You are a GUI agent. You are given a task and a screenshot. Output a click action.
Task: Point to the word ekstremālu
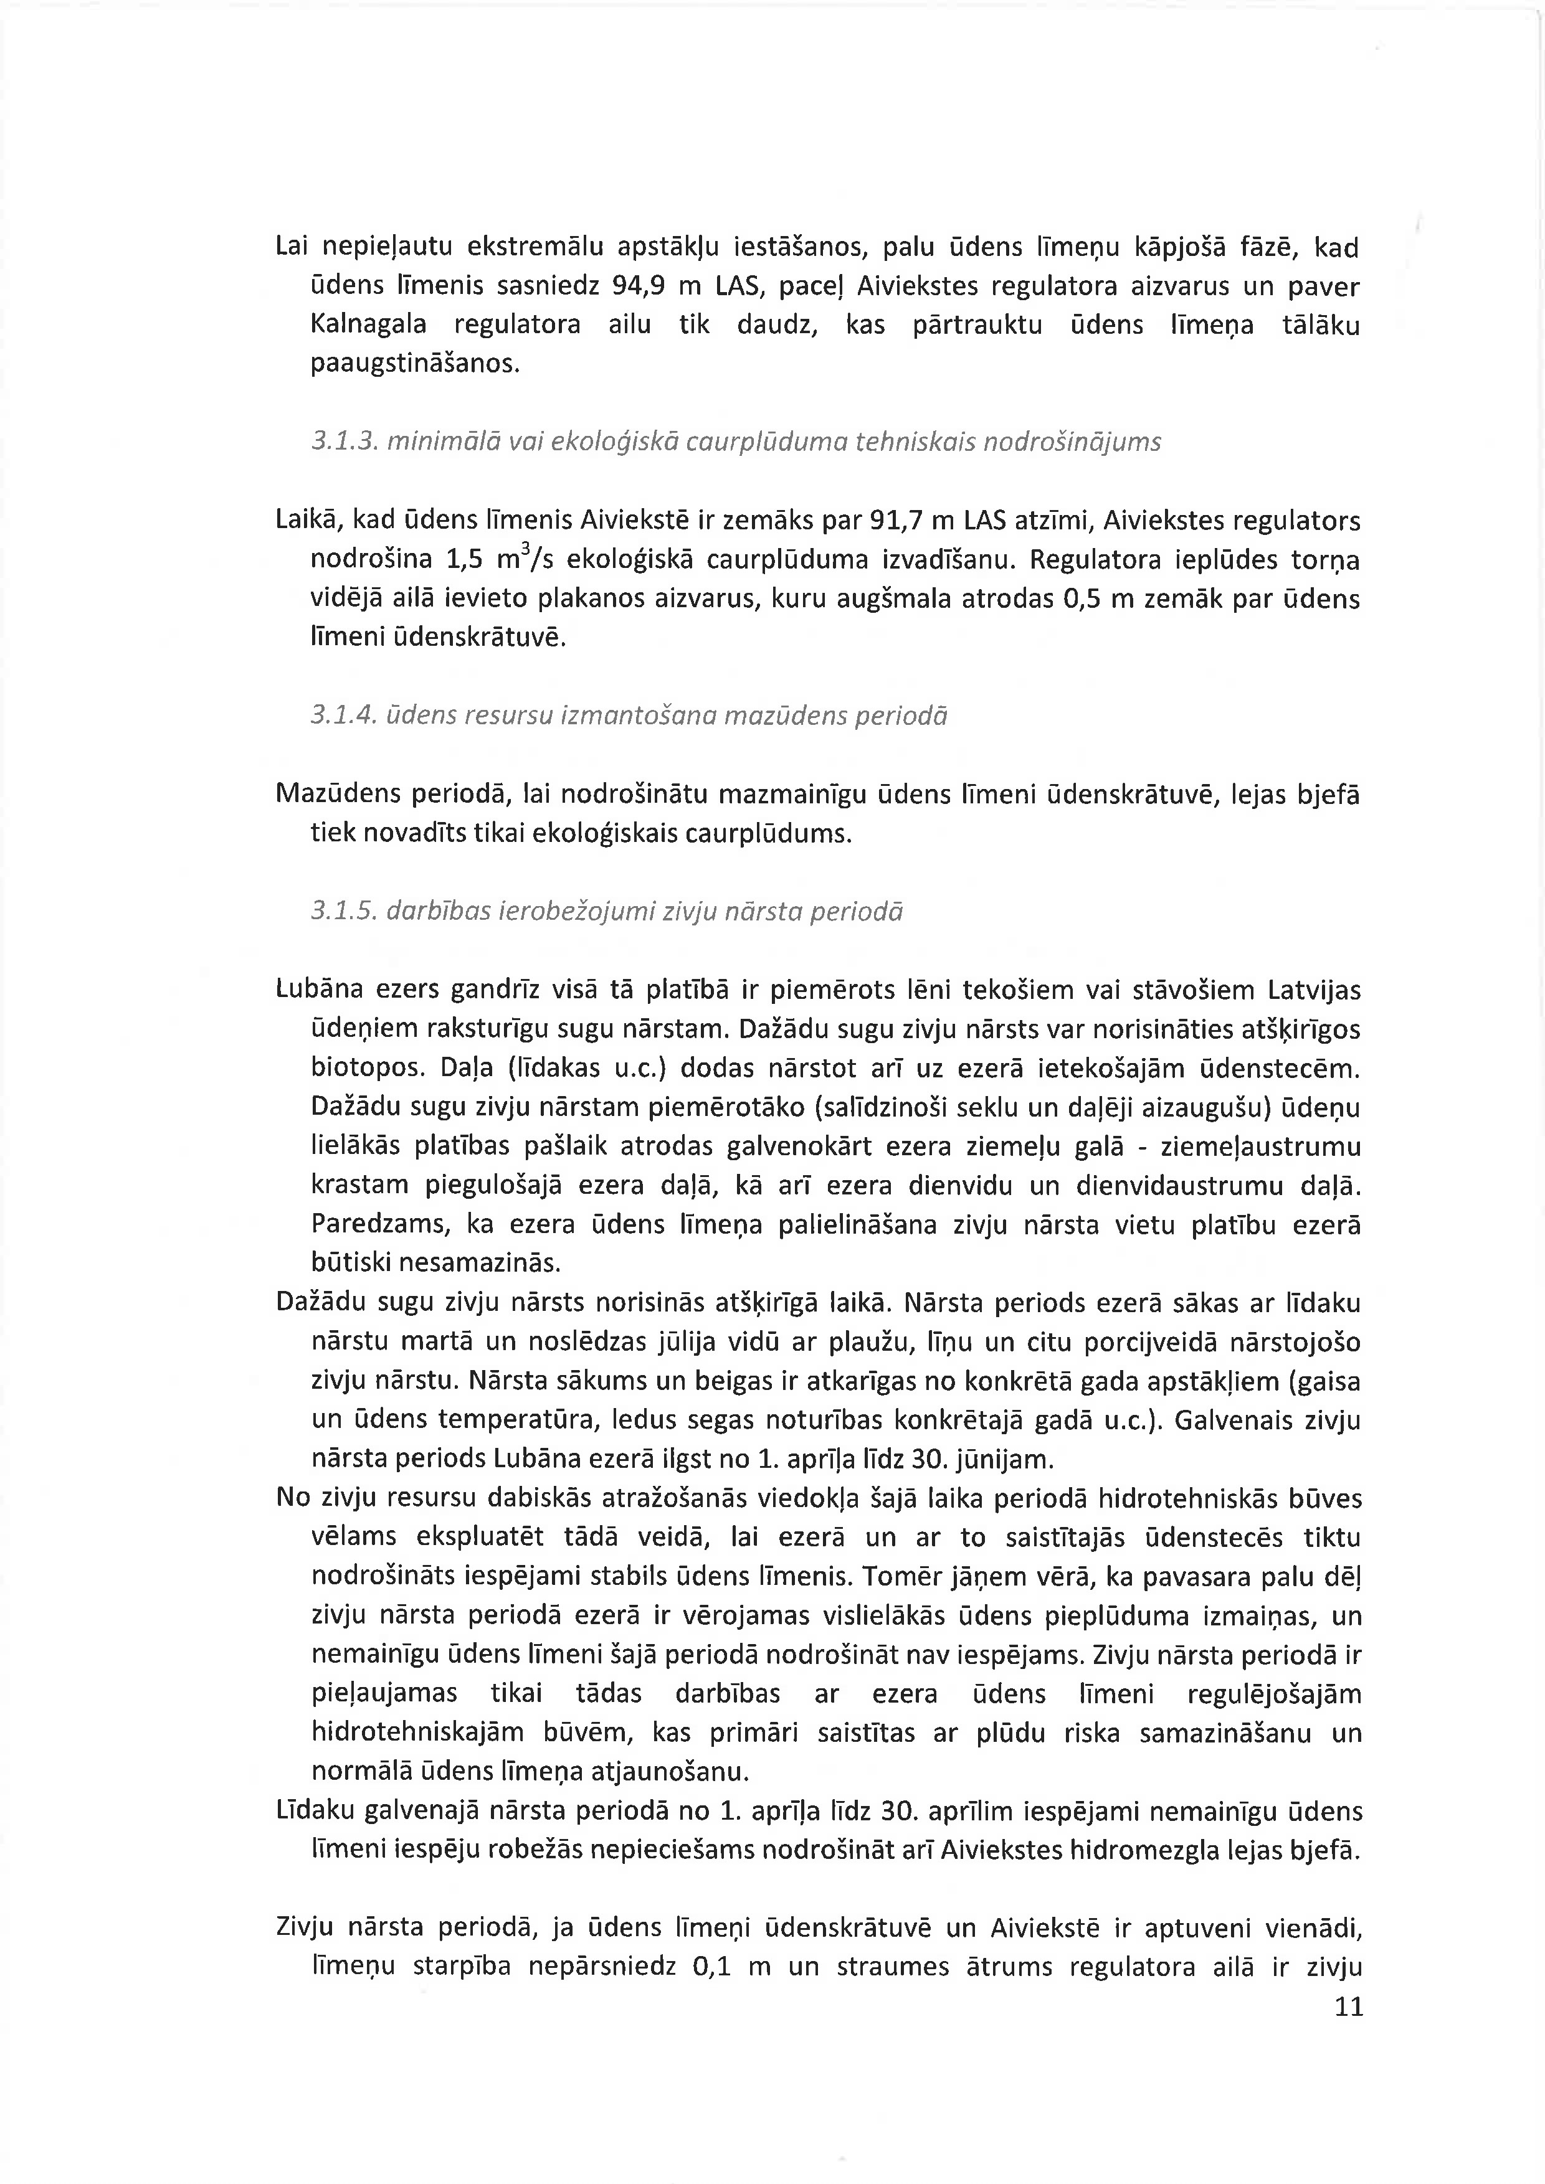point(521,247)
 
